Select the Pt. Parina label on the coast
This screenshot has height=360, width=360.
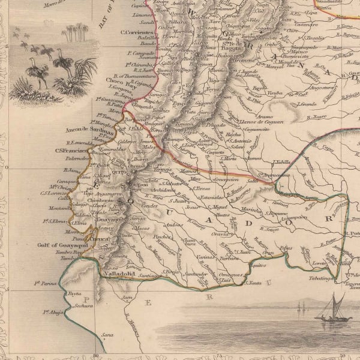pos(45,283)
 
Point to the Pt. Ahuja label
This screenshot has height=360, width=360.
pos(53,311)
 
